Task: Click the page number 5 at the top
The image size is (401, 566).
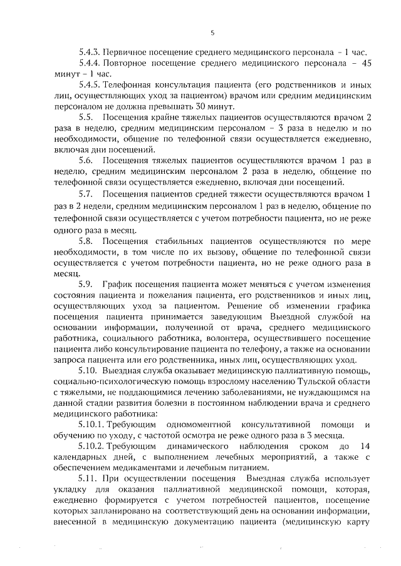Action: pyautogui.click(x=212, y=33)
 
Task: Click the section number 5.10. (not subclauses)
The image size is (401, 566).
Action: pyautogui.click(x=88, y=371)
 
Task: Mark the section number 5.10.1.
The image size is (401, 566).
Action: pyautogui.click(x=91, y=426)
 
